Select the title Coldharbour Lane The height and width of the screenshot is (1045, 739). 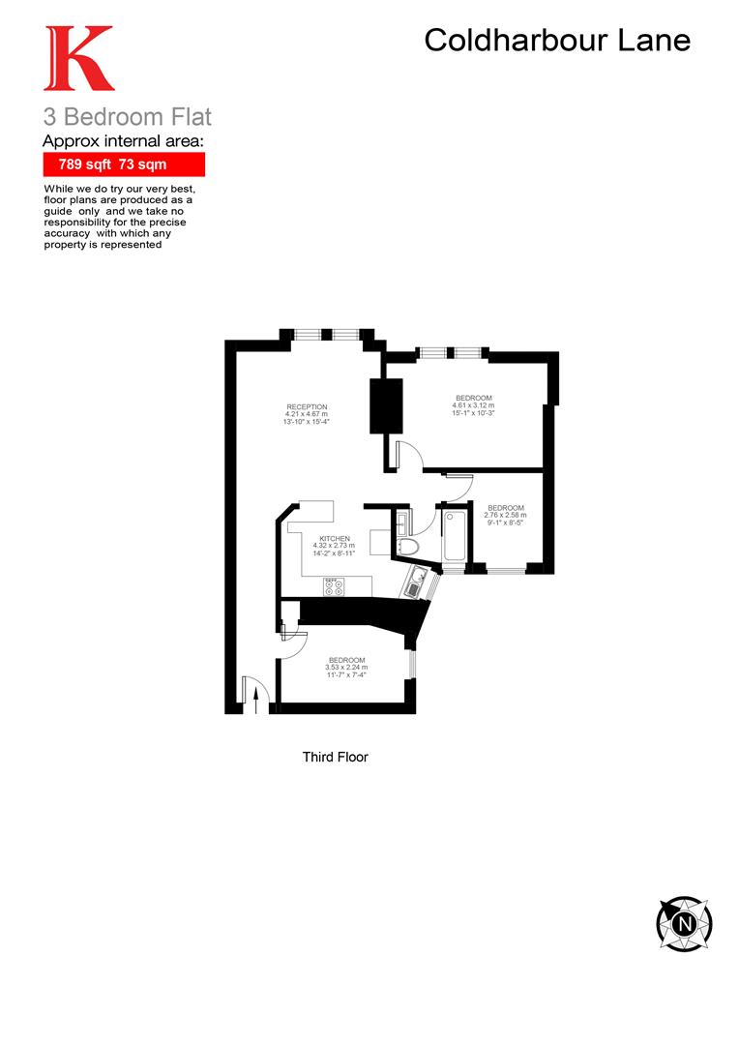[558, 41]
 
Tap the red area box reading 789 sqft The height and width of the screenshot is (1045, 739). [124, 164]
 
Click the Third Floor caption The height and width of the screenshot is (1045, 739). [335, 758]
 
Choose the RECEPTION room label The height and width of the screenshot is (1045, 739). [307, 406]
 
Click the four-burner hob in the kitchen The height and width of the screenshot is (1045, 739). [334, 586]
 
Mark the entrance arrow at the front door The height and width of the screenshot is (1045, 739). [256, 698]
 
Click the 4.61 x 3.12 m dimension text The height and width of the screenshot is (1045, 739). [474, 406]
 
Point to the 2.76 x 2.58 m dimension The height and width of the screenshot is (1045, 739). [506, 516]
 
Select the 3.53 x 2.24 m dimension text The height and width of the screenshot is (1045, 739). [346, 668]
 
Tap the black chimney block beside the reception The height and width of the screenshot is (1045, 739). [386, 405]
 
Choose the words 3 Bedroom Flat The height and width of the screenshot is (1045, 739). [127, 118]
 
